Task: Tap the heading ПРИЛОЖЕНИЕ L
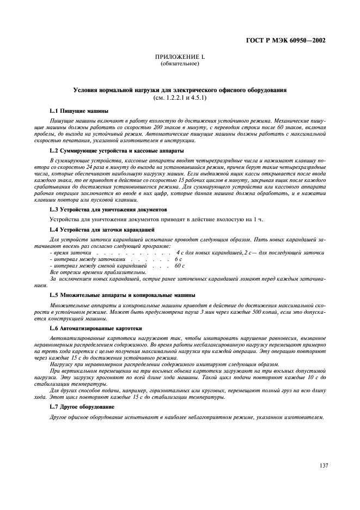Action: pos(179,57)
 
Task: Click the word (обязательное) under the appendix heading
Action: pos(180,64)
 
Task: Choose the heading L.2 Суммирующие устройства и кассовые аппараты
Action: pos(117,150)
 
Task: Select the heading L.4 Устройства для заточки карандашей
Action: pos(102,229)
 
